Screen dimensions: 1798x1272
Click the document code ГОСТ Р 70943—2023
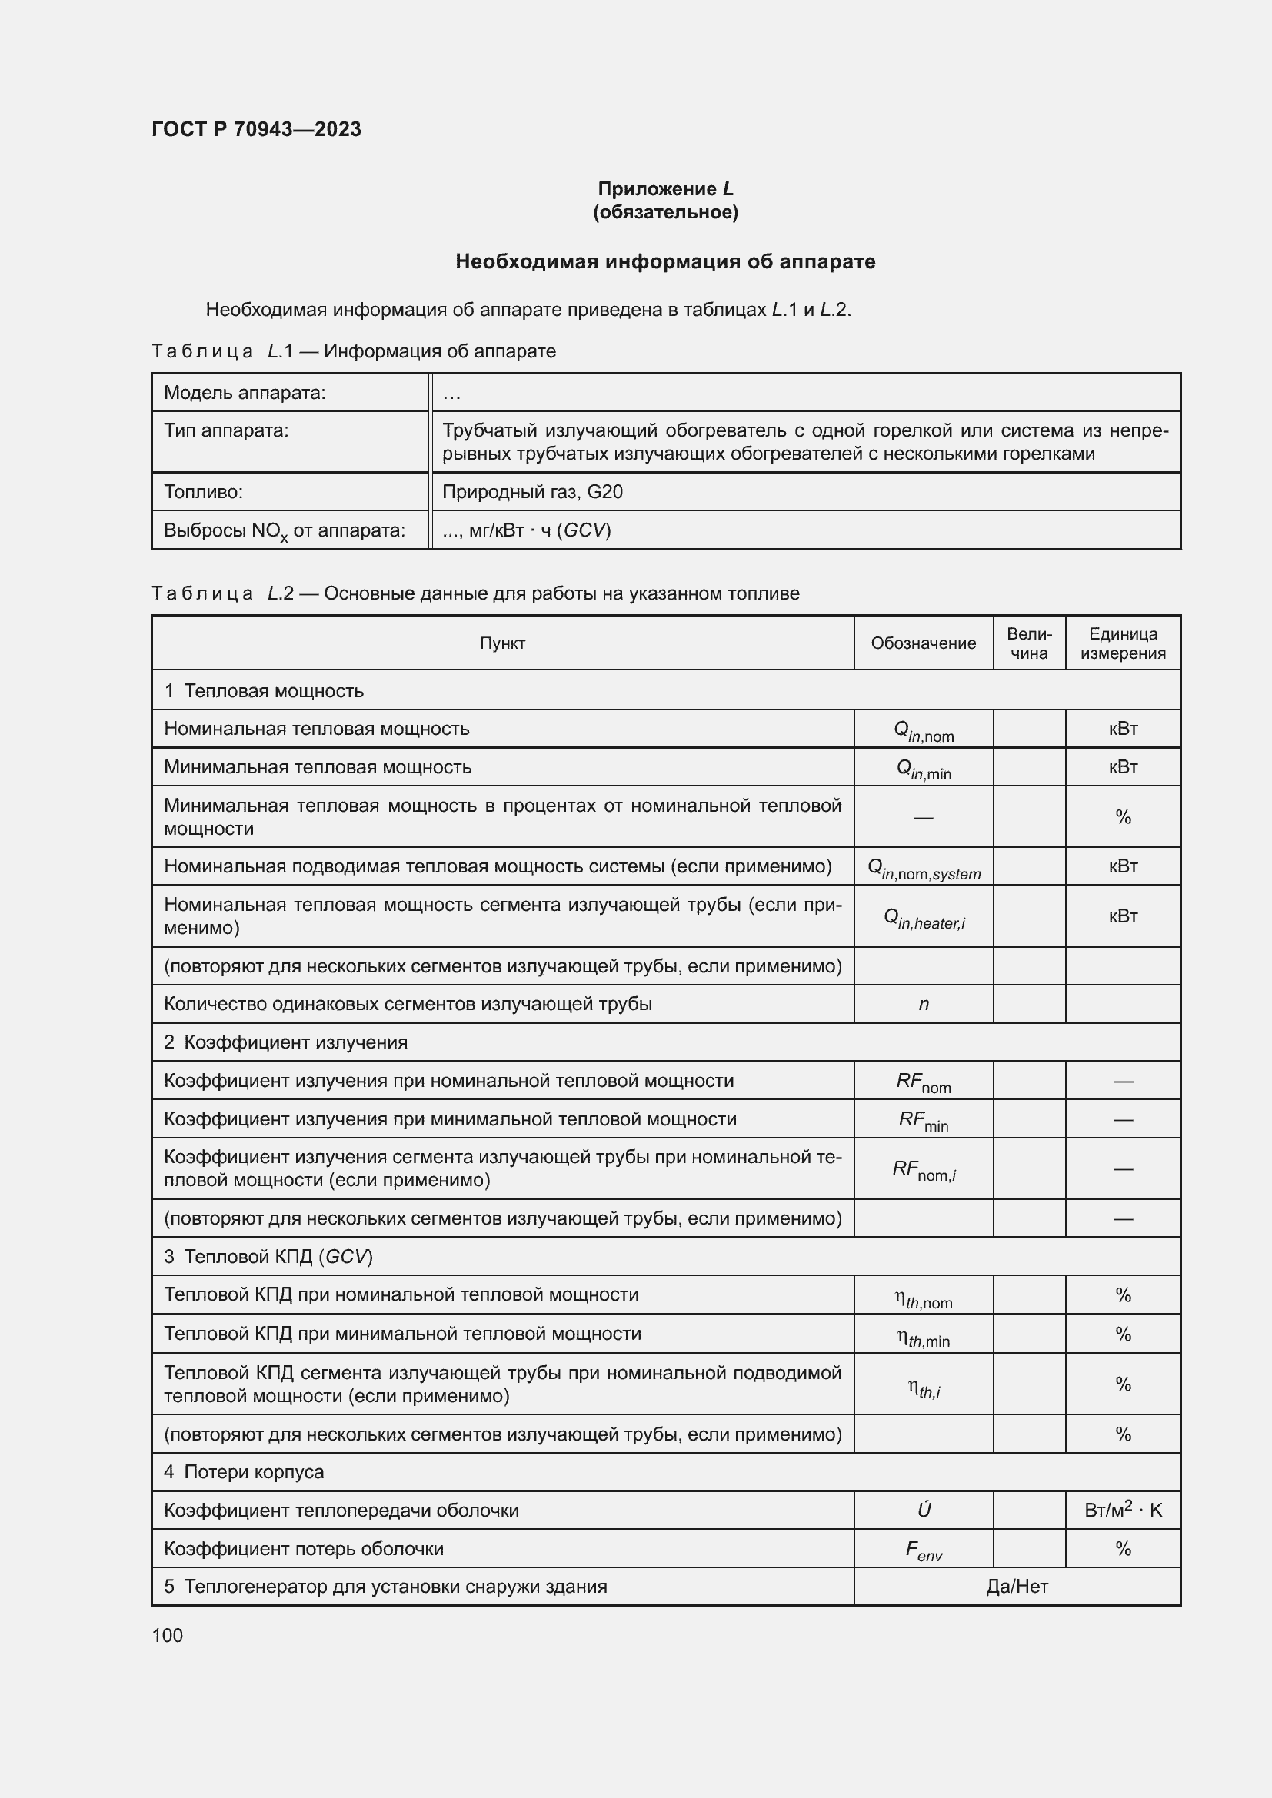(x=256, y=129)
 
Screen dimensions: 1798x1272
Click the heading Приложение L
(x=665, y=189)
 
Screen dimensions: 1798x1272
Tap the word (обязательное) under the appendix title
(x=665, y=212)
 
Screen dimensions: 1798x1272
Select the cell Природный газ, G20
(x=532, y=492)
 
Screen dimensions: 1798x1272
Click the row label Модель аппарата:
(x=245, y=392)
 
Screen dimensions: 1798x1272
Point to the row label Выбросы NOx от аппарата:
(x=284, y=531)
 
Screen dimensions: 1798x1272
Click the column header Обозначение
(x=923, y=643)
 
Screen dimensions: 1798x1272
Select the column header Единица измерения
(x=1122, y=643)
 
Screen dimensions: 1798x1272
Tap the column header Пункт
(x=502, y=643)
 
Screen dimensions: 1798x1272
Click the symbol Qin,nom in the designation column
(x=924, y=730)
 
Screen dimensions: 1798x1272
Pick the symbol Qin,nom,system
(x=924, y=869)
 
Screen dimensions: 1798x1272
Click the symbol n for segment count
(x=924, y=1004)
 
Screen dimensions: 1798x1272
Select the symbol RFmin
(x=924, y=1121)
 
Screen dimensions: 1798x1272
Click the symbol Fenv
(x=924, y=1550)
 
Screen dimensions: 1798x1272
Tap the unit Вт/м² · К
(x=1122, y=1510)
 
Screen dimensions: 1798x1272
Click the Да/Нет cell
(x=1017, y=1587)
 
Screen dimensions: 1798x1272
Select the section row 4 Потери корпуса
(x=244, y=1471)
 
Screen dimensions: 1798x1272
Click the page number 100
(x=167, y=1635)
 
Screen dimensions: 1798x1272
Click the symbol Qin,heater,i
(x=924, y=918)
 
